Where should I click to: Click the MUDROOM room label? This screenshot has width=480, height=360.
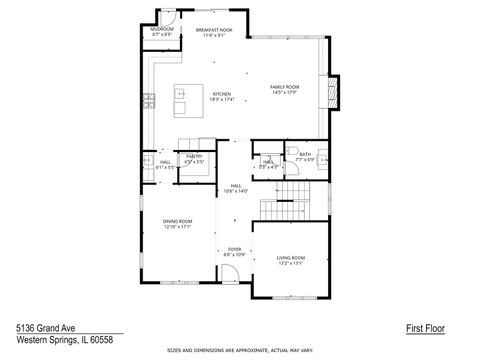coord(161,30)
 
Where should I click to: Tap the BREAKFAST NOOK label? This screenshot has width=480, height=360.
coord(214,30)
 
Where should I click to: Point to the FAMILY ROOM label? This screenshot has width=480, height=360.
coord(285,88)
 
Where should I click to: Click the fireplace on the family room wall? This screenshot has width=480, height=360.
coord(335,93)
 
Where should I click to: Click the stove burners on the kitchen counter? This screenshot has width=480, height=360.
coord(148,99)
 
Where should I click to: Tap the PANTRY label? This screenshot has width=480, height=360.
coord(194,156)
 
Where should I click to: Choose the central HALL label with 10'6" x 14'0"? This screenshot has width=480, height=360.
coord(236,186)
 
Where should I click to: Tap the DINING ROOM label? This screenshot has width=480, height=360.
coord(177,221)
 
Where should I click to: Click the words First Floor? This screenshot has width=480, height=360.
coord(424,327)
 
